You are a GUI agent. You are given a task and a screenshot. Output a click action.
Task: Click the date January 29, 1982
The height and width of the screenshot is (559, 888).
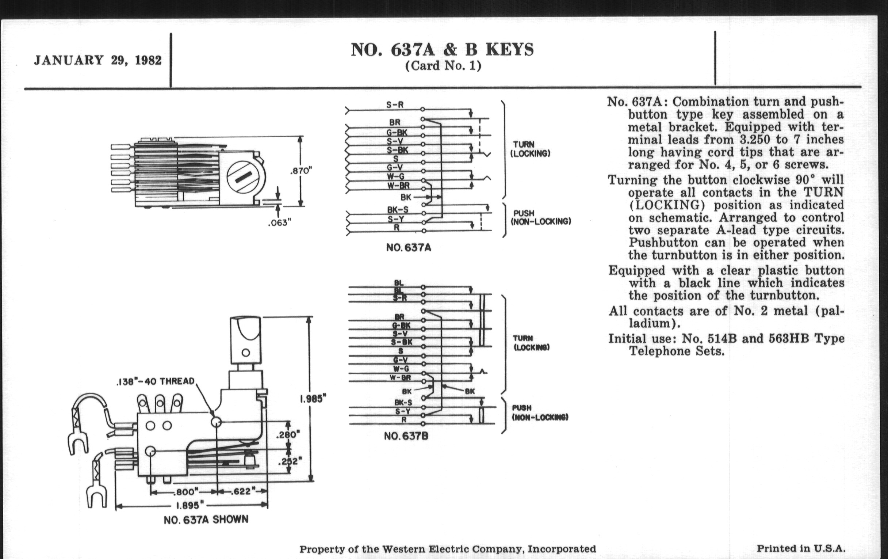pyautogui.click(x=97, y=60)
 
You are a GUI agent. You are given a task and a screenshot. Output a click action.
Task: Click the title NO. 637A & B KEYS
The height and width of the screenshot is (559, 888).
pyautogui.click(x=442, y=50)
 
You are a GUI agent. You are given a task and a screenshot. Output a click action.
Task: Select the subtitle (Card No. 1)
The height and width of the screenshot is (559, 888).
pyautogui.click(x=443, y=66)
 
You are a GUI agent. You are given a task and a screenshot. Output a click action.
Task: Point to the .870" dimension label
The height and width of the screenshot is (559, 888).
pyautogui.click(x=301, y=171)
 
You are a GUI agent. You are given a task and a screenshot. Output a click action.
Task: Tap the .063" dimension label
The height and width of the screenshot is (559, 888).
pyautogui.click(x=279, y=223)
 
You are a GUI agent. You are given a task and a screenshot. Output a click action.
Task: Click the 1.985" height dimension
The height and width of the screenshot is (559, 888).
pyautogui.click(x=313, y=399)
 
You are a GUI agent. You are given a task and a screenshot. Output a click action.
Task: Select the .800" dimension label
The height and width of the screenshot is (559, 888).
pyautogui.click(x=187, y=491)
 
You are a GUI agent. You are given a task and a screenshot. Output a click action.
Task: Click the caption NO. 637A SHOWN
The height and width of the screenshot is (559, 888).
pyautogui.click(x=206, y=520)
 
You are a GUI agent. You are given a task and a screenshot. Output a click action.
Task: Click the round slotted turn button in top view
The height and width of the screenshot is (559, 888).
pyautogui.click(x=246, y=178)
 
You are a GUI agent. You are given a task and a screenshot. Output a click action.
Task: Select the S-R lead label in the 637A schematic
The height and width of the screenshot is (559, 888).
pyautogui.click(x=395, y=105)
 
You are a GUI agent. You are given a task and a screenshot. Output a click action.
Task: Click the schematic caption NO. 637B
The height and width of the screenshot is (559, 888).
pyautogui.click(x=406, y=436)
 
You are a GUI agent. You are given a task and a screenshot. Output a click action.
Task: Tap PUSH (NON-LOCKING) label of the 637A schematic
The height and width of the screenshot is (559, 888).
pyautogui.click(x=541, y=217)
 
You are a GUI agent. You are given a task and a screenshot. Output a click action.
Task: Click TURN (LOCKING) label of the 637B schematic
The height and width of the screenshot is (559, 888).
pyautogui.click(x=531, y=343)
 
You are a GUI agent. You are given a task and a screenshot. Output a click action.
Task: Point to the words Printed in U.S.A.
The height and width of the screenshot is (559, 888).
pyautogui.click(x=801, y=548)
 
